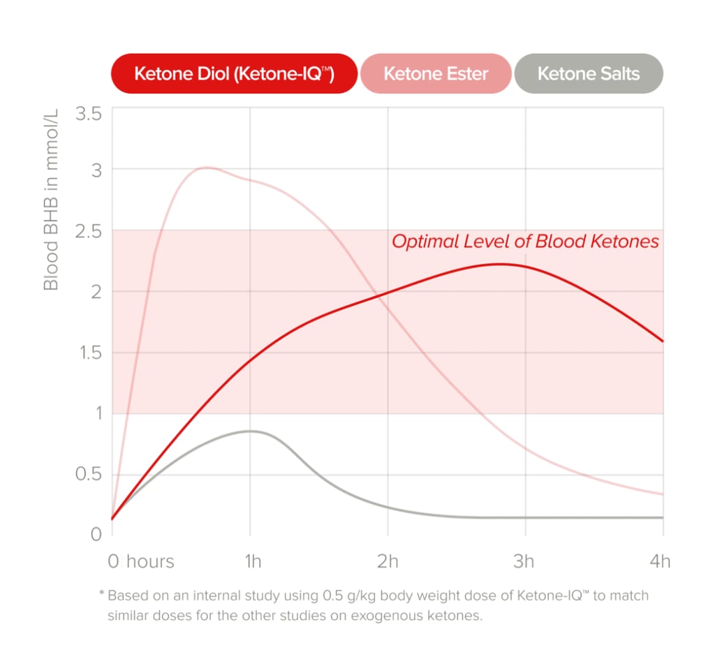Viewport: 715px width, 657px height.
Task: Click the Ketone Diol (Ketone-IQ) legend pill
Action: pyautogui.click(x=234, y=73)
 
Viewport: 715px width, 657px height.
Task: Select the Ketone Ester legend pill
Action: pyautogui.click(x=436, y=73)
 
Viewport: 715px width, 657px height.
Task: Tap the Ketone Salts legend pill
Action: pyautogui.click(x=588, y=73)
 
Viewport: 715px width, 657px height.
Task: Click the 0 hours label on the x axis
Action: pyautogui.click(x=141, y=561)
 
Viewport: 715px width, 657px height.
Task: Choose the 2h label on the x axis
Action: pyautogui.click(x=388, y=561)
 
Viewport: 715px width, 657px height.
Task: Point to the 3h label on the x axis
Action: pyautogui.click(x=524, y=561)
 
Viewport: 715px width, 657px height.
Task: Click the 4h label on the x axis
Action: pyautogui.click(x=659, y=561)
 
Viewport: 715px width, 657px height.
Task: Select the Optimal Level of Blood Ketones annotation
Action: pyautogui.click(x=525, y=242)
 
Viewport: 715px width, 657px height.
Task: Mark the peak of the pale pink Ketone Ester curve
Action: pyautogui.click(x=206, y=168)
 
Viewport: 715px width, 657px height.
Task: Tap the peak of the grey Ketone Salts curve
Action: pyautogui.click(x=249, y=431)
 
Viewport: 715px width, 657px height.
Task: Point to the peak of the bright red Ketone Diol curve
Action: pyautogui.click(x=500, y=264)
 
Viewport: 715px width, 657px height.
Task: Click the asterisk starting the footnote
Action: pyautogui.click(x=102, y=595)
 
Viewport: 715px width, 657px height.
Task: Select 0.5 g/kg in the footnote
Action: pyautogui.click(x=345, y=596)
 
